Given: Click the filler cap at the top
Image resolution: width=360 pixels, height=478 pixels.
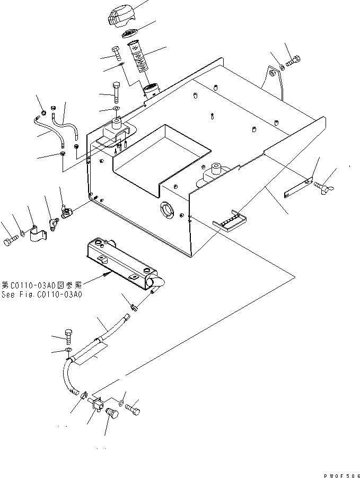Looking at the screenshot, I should point(119,14).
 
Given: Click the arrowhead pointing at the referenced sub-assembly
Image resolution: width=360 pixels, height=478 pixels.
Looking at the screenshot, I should point(108,274).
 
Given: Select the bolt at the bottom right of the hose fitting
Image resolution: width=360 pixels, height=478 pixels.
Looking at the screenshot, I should point(133,409).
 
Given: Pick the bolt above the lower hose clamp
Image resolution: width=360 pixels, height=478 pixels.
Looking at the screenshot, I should point(68,335).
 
